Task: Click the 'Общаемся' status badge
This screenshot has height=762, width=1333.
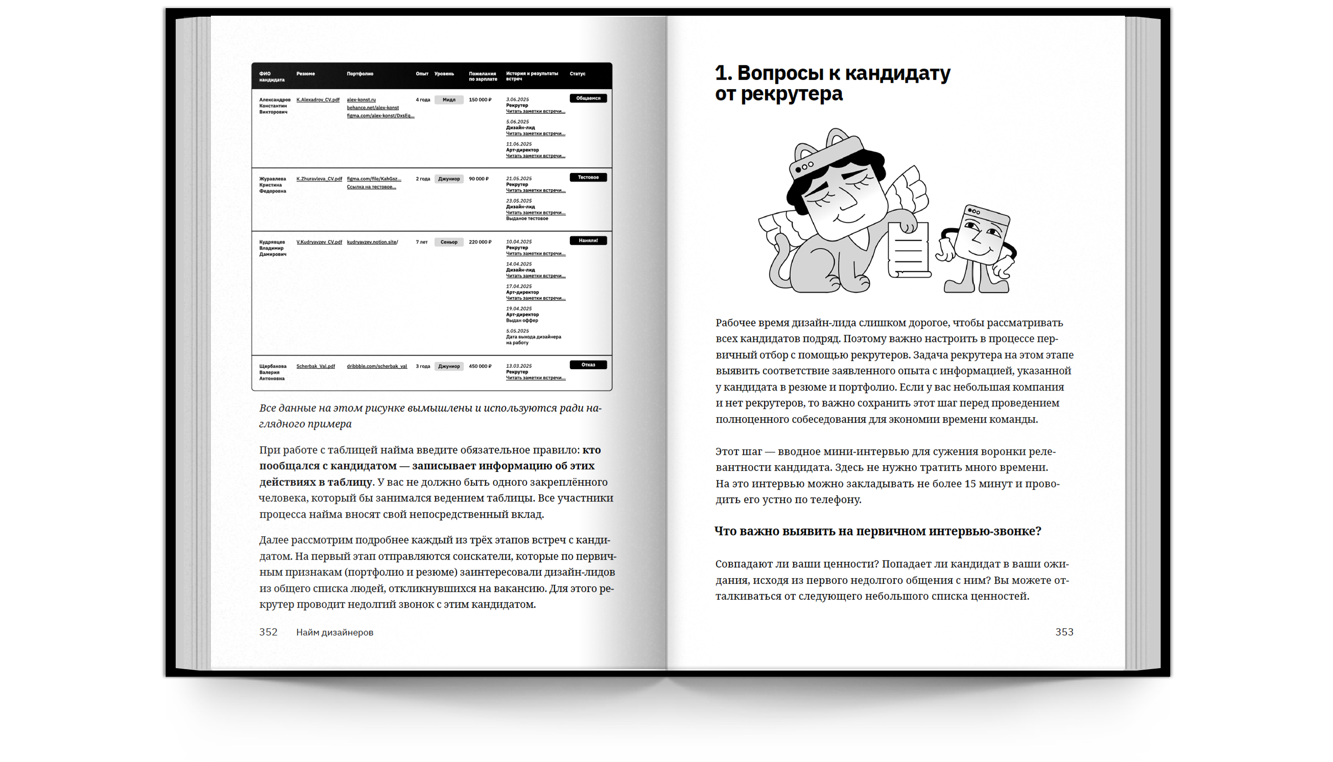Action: coord(587,99)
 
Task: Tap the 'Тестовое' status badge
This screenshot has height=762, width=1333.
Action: coord(587,178)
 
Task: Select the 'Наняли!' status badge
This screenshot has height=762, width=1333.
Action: coord(587,241)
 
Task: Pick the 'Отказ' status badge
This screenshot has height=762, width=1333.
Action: coord(587,365)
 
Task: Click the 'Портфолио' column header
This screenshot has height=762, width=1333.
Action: coord(360,74)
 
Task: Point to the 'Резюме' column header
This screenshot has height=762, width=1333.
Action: coord(306,74)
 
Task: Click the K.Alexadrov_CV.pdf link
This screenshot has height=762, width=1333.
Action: coord(318,100)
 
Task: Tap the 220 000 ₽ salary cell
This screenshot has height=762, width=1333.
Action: coord(480,242)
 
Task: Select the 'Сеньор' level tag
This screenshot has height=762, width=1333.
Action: coord(448,242)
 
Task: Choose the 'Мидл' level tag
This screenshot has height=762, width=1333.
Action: coord(448,100)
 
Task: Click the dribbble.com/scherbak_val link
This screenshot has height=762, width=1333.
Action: coord(377,366)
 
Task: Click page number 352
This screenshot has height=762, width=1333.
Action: coord(269,632)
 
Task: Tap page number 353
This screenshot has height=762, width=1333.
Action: coord(1064,632)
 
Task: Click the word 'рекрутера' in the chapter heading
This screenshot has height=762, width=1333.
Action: coord(792,94)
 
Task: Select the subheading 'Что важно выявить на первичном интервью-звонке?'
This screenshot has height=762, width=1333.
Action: coord(877,531)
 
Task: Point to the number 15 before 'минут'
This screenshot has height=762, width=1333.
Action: coord(970,484)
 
